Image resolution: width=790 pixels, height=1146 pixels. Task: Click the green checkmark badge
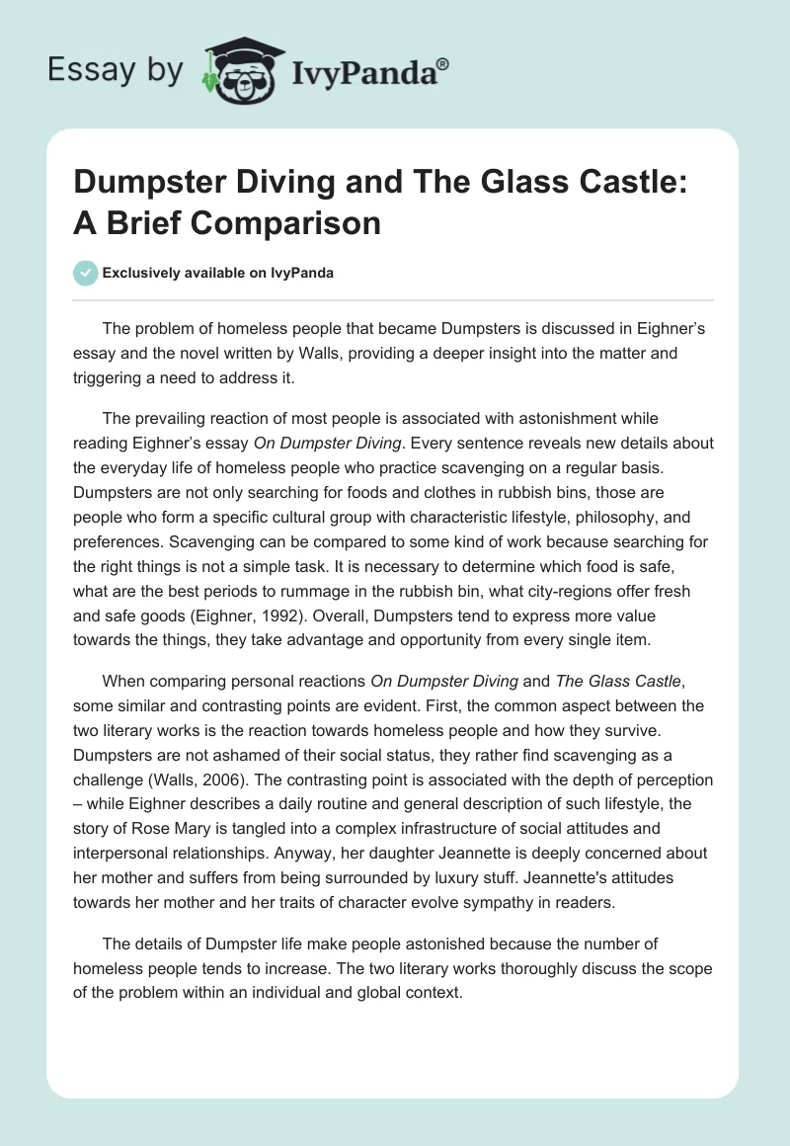coord(85,273)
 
